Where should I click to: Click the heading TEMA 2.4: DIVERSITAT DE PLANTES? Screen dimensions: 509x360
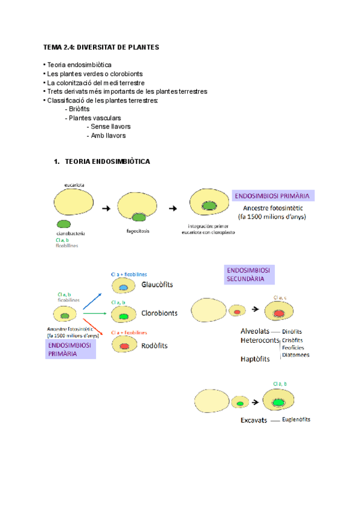(x=101, y=47)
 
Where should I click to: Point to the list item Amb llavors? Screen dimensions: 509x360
(x=108, y=136)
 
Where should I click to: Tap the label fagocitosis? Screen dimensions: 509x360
(x=139, y=229)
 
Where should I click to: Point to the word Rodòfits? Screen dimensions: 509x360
(x=155, y=345)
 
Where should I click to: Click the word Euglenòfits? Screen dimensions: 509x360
(x=296, y=420)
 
